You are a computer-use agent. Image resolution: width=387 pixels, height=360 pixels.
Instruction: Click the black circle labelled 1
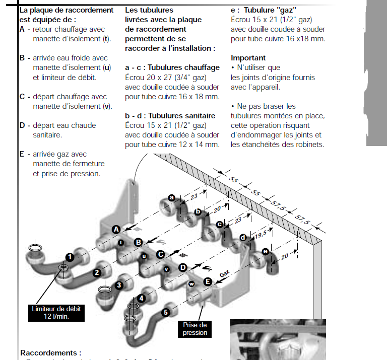[70, 257]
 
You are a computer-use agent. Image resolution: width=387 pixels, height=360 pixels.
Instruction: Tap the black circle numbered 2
[96, 273]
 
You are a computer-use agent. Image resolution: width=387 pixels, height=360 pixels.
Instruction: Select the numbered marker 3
[119, 285]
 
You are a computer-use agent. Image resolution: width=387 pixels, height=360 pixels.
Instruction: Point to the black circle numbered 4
[142, 298]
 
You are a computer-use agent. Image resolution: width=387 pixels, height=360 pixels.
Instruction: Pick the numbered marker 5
[166, 313]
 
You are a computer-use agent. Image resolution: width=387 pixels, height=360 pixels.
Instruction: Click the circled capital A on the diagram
[115, 229]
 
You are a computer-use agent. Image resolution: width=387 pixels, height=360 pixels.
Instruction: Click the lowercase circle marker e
[266, 251]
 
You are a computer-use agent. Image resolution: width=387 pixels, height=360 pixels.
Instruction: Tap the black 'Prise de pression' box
[195, 329]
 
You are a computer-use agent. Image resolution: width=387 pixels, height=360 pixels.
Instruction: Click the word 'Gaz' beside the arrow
[224, 274]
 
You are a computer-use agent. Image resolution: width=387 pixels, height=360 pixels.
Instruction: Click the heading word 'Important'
[248, 58]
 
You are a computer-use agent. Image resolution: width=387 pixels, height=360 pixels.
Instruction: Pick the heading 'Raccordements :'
[50, 353]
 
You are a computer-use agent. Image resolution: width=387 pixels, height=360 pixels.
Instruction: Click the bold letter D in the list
[22, 125]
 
